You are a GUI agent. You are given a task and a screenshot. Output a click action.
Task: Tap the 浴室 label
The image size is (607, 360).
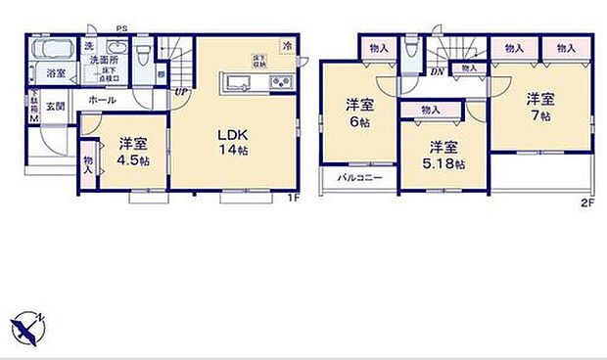54,73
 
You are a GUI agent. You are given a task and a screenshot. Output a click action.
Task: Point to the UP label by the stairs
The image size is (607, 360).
182,93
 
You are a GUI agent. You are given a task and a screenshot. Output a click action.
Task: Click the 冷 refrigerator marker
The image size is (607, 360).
287,46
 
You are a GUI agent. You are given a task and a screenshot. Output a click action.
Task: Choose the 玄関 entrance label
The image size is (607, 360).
55,107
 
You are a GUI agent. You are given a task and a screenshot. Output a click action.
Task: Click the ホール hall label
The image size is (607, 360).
100,100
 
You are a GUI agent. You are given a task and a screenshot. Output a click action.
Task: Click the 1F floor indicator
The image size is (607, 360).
291,199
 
